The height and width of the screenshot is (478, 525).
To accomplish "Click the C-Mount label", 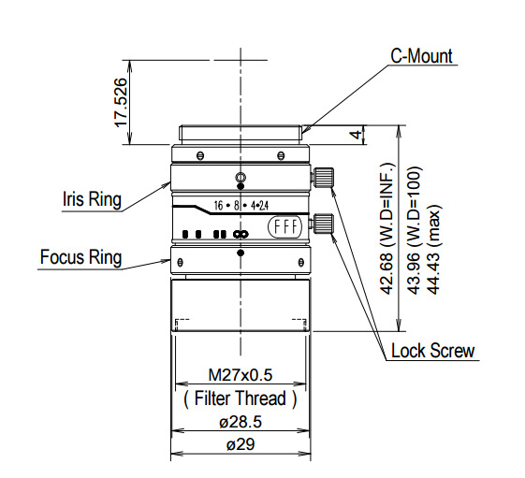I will [421, 56].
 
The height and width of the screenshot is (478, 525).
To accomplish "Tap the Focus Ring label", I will [80, 257].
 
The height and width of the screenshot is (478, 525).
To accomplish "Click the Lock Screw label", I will [432, 352].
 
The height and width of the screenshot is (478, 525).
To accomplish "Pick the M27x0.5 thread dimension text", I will [240, 376].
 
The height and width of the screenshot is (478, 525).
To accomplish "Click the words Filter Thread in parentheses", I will [240, 398].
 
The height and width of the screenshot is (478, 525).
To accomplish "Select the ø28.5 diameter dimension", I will [240, 423].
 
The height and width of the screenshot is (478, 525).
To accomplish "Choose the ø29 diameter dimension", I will [240, 445].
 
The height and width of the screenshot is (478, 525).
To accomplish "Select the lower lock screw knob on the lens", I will [325, 223].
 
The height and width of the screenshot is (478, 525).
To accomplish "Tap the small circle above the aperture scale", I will [241, 178].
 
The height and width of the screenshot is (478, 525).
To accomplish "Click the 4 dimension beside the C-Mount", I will [355, 135].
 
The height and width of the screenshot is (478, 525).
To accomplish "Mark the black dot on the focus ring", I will [241, 253].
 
